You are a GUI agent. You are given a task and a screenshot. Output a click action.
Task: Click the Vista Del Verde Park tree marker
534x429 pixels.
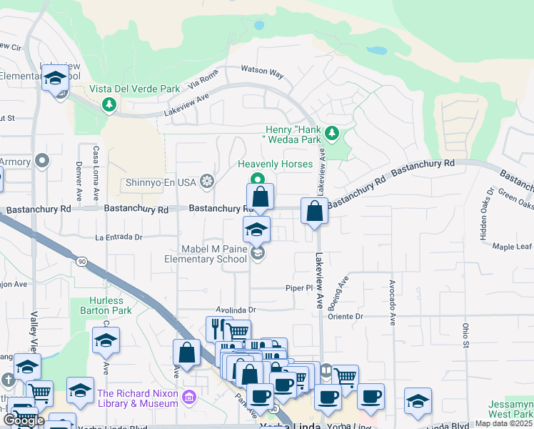coord(109,106)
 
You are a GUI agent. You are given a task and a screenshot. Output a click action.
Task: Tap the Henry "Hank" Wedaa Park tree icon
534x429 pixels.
coord(331,134)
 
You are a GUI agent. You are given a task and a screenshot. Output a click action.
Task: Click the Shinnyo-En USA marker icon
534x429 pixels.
coord(207,182)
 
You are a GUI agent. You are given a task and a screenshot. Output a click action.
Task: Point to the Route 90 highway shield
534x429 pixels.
coord(83,262)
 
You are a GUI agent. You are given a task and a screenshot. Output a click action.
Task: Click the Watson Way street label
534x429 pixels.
coord(262,73)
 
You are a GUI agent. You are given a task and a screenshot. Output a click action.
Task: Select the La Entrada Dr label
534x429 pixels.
coord(118,237)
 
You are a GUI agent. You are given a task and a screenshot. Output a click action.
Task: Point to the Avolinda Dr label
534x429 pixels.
coord(231,310)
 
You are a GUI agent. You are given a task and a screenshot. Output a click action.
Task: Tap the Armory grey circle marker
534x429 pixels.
coord(44,161)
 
